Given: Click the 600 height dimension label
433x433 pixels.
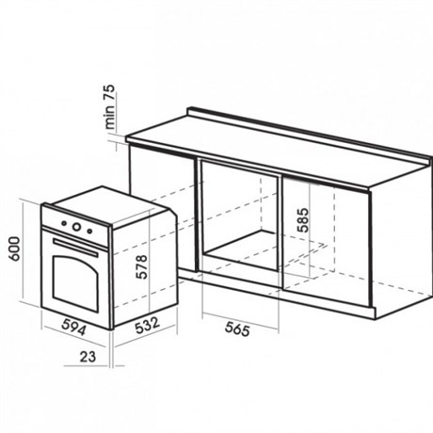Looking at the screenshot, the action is pos(14,249).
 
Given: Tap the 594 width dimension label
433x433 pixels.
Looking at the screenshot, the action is pos(73,327).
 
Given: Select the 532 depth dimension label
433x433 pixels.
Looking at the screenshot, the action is pos(147,326).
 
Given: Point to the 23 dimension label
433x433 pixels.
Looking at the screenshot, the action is pos(88,357).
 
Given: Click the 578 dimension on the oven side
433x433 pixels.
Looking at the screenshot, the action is pos(141,266).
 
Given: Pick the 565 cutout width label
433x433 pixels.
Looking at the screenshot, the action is pos(237,329).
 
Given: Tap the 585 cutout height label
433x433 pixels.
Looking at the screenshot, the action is pos(303,219).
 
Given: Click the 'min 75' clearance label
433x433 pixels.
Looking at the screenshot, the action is pos(110,106).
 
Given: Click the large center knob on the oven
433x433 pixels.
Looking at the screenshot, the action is pos(76,226).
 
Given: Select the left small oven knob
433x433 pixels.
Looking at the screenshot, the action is pos(64,223).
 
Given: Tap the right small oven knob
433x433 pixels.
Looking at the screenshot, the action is pos(89,232).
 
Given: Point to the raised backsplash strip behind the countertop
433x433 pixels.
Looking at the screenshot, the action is pos(309,135).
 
